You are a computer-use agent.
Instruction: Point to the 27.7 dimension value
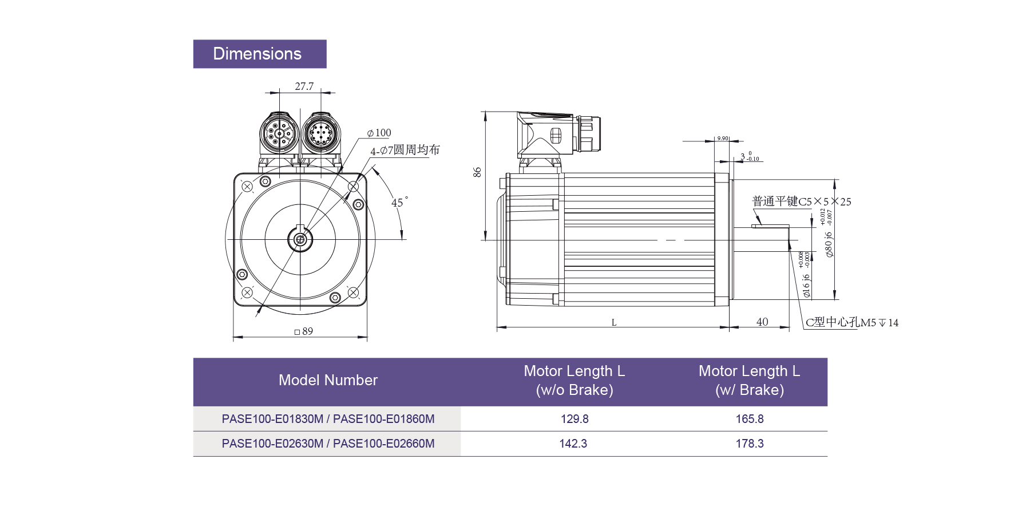coord(304,86)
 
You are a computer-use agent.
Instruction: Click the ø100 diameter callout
coord(379,133)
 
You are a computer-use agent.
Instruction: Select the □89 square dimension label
coord(304,331)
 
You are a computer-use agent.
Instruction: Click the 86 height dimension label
coord(477,172)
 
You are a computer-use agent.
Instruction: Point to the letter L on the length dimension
coord(614,322)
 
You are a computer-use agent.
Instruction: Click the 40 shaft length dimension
coord(762,322)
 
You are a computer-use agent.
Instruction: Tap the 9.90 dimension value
coord(723,139)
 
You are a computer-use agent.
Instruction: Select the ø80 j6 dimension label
coord(829,244)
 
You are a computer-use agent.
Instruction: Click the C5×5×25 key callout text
coord(801,201)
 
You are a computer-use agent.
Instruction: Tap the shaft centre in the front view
coord(300,239)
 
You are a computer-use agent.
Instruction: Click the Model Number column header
coord(328,381)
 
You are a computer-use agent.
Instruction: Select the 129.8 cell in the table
coord(575,419)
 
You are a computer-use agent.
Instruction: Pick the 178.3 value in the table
coord(750,444)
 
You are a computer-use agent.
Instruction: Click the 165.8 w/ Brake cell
coord(750,419)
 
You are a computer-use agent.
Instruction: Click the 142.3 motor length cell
coord(573,444)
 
